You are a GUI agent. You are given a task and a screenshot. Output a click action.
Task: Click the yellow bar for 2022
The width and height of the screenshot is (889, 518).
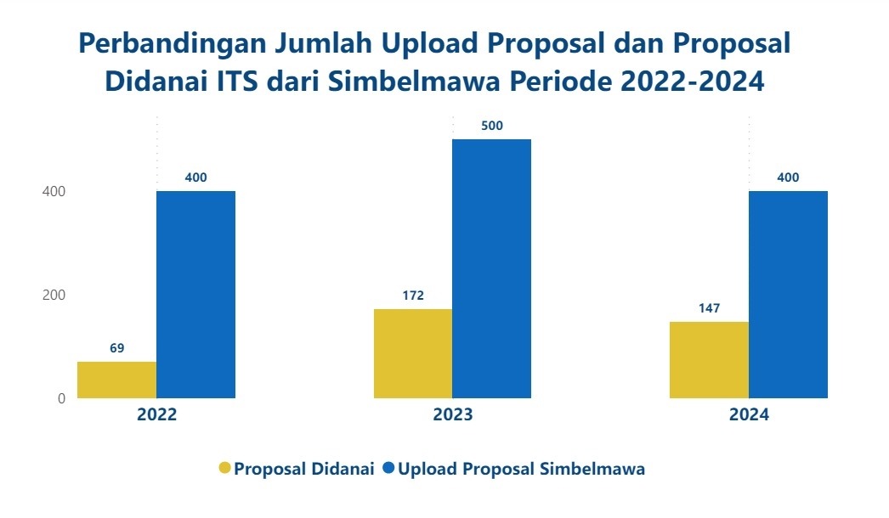[116, 380]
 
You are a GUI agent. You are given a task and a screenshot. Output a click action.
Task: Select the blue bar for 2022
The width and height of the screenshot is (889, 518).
[195, 294]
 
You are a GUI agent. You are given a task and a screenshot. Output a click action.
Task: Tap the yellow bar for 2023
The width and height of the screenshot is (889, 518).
[413, 353]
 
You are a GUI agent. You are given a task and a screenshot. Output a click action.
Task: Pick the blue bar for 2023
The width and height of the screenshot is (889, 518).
[491, 268]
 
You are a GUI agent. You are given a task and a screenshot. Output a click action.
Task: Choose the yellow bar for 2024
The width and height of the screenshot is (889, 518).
[709, 359]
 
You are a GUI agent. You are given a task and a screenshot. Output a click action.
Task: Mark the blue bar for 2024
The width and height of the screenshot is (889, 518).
[788, 294]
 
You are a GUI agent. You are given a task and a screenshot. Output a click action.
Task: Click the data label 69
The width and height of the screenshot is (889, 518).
[117, 348]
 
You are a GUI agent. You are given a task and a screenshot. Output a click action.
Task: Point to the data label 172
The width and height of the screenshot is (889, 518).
[413, 296]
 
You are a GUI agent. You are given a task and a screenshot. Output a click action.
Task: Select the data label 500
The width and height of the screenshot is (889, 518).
[491, 126]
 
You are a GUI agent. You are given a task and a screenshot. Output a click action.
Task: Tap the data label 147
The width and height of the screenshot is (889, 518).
[709, 308]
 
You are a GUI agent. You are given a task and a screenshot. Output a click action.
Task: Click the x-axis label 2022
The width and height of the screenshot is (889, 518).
[156, 415]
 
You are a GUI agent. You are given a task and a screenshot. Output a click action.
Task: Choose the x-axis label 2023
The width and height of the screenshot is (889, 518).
[452, 415]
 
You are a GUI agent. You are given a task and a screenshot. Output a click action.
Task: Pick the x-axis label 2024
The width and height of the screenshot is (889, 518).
[748, 415]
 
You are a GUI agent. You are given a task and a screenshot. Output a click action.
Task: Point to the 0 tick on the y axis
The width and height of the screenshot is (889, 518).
[61, 398]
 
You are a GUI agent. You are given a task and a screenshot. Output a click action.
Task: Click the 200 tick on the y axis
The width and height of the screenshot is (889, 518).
[54, 295]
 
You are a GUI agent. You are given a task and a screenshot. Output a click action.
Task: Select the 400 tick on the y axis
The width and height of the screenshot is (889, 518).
[54, 191]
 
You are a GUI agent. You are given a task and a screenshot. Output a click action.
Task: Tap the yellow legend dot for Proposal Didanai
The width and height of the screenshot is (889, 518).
[225, 469]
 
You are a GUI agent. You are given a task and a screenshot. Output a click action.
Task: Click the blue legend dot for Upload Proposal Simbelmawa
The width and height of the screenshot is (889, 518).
[389, 469]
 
